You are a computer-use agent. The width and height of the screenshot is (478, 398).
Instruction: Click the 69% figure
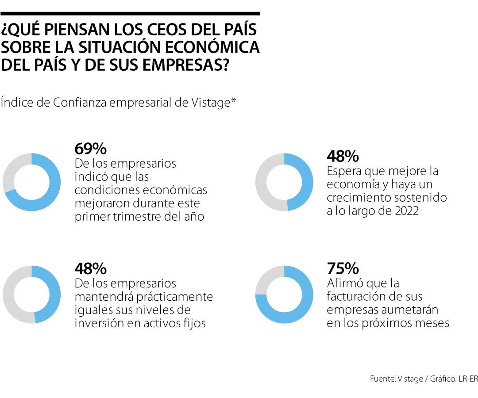(x=91, y=148)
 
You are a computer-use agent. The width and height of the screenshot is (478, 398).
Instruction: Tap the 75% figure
(x=343, y=268)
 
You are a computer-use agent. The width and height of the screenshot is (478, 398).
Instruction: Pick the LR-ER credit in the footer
(x=466, y=379)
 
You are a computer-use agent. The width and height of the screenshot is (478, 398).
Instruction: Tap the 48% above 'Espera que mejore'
(x=343, y=156)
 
